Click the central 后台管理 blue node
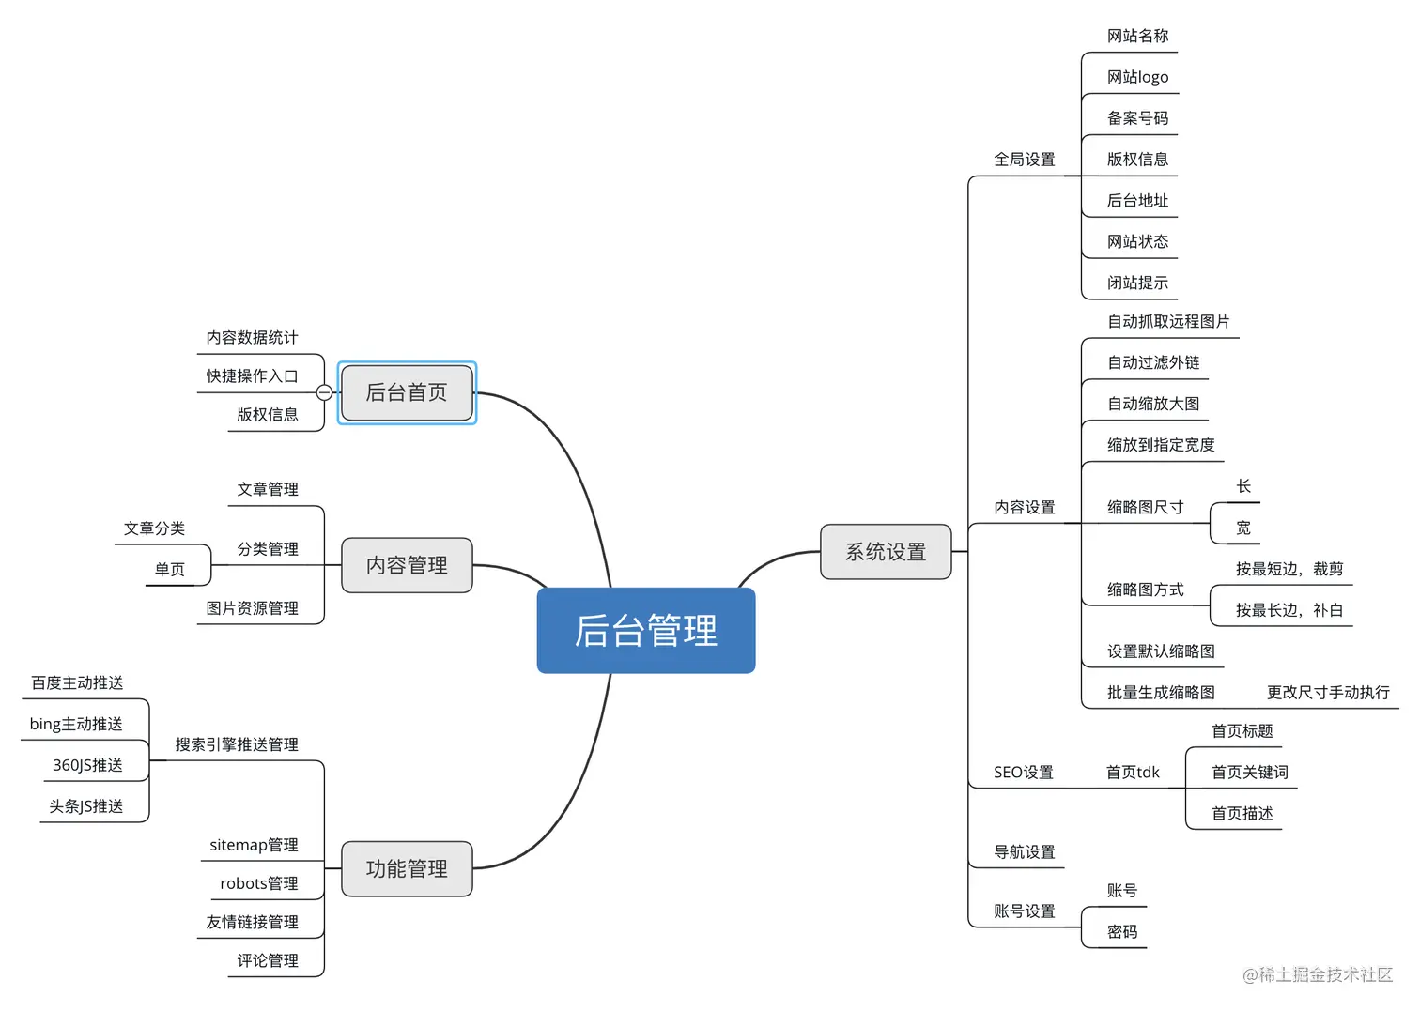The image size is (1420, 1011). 646,630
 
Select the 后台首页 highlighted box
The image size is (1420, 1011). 407,392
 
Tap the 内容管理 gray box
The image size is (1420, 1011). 407,565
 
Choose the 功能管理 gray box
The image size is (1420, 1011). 407,868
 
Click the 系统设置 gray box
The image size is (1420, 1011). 886,552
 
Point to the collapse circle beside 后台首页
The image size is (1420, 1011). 324,392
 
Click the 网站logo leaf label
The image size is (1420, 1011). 1137,77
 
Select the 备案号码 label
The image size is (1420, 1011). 1137,118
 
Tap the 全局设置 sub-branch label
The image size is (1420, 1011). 1024,160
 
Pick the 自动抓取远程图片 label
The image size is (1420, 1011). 1168,321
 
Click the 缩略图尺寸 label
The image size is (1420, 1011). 1145,507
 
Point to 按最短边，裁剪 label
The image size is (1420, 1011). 1289,569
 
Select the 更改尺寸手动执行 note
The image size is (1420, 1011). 1327,692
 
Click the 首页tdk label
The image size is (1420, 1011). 1132,772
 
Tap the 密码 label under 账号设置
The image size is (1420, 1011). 1121,931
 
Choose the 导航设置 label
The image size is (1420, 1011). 1024,851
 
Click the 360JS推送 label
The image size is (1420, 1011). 87,765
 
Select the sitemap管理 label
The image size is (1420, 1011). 254,845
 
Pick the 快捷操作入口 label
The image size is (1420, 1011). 252,375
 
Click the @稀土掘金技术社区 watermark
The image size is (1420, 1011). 1317,974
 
